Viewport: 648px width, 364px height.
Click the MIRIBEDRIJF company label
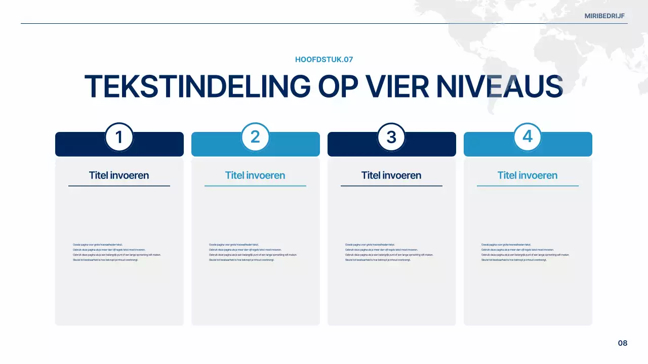604,16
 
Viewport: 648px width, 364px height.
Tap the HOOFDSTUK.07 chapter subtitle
324,60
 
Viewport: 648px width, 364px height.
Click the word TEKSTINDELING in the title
197,86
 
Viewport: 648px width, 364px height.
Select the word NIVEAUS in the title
500,86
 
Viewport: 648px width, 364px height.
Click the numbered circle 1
119,137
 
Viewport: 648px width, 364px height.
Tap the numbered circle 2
255,137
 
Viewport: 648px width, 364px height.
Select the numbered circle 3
391,137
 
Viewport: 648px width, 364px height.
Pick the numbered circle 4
528,137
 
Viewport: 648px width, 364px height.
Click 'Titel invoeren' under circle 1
119,175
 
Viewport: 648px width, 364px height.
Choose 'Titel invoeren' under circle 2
255,175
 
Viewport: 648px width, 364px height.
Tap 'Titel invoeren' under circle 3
391,175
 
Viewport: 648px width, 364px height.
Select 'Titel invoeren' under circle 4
528,175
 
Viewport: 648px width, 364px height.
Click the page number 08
623,343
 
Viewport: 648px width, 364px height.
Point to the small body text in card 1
116,252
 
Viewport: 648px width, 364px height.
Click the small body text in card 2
253,252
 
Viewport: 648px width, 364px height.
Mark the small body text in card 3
389,252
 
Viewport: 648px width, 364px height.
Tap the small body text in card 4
525,252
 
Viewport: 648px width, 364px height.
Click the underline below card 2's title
255,186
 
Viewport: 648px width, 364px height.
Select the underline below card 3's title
391,186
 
